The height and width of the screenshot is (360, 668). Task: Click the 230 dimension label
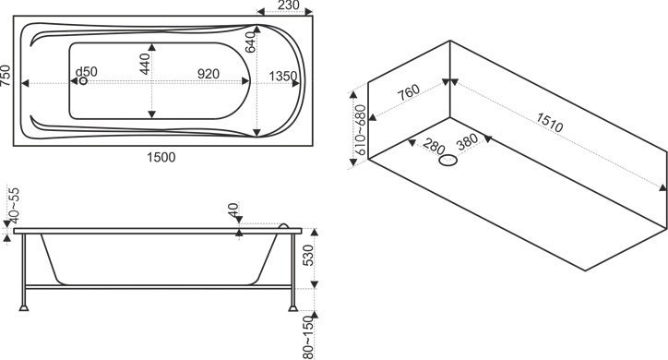tap(289, 6)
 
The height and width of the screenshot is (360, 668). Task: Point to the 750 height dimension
tap(6, 76)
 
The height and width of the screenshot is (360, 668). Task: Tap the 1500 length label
tap(161, 157)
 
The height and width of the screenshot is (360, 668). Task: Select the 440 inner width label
tap(145, 64)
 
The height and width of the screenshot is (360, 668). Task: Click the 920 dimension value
tap(209, 74)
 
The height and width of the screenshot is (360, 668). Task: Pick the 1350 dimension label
tap(283, 76)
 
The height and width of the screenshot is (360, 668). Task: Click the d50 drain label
tap(87, 72)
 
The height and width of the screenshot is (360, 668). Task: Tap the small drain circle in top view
tap(83, 80)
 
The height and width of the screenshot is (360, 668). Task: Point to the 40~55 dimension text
tap(14, 205)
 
